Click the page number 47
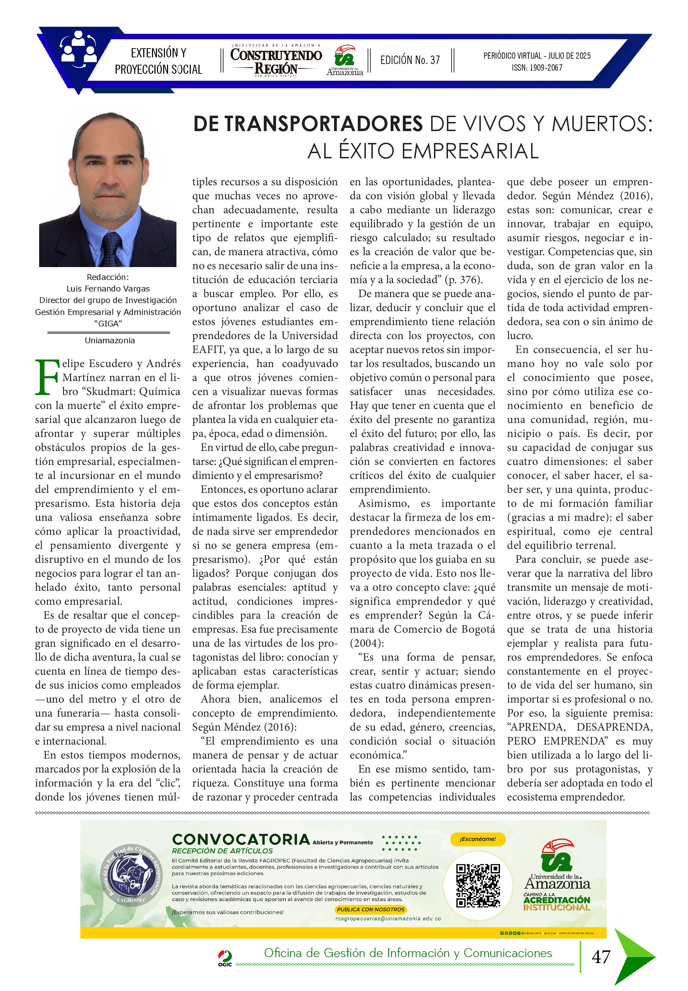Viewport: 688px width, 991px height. click(601, 956)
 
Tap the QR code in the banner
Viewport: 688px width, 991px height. click(478, 885)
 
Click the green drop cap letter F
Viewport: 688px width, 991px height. click(46, 377)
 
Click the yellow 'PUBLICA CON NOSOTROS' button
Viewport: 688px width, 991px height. click(371, 909)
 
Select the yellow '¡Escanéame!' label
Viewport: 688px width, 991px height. click(477, 839)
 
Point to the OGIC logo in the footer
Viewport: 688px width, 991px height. click(225, 957)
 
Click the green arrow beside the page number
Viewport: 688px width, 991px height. click(633, 956)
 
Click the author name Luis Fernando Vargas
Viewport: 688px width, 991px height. click(108, 288)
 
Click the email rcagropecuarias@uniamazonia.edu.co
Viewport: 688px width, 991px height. click(388, 919)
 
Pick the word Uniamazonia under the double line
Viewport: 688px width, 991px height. click(109, 340)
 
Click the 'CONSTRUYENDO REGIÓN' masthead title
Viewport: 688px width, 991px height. click(276, 61)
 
